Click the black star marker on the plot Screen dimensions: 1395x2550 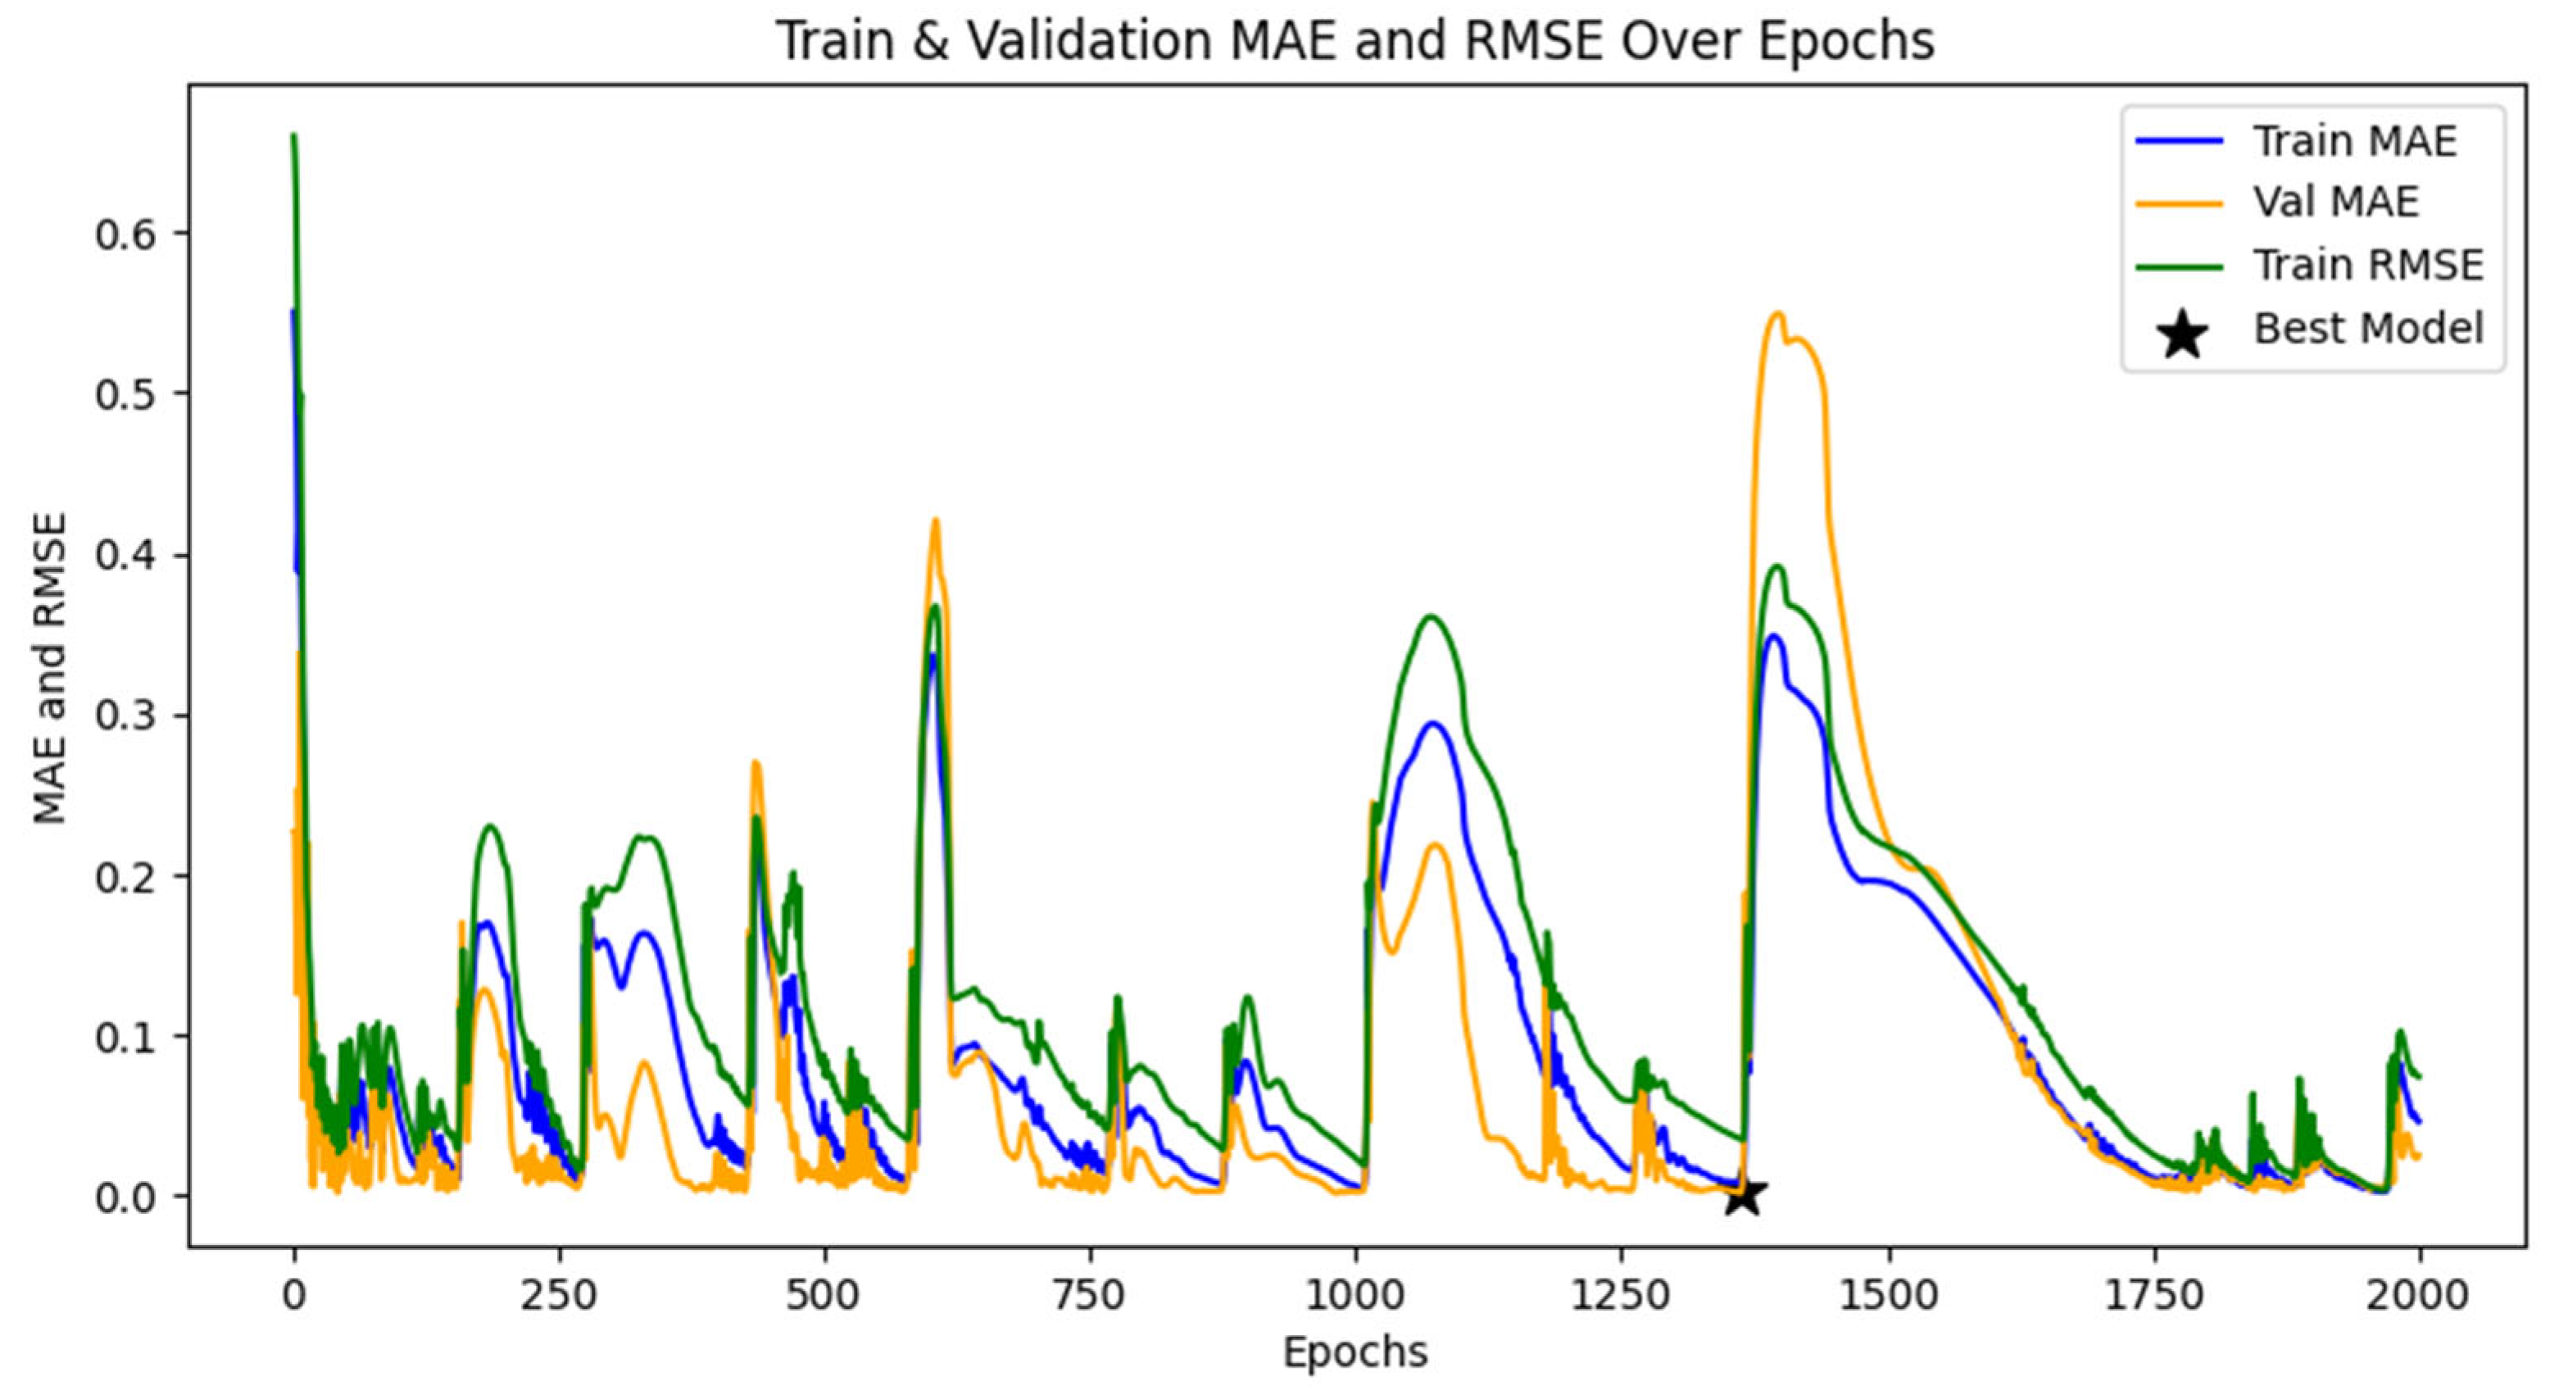(1745, 1195)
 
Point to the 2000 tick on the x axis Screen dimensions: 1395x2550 (2418, 1294)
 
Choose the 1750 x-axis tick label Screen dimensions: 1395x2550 (2154, 1294)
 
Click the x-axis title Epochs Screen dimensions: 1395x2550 (1355, 1352)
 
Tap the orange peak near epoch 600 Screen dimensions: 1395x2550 (934, 520)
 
